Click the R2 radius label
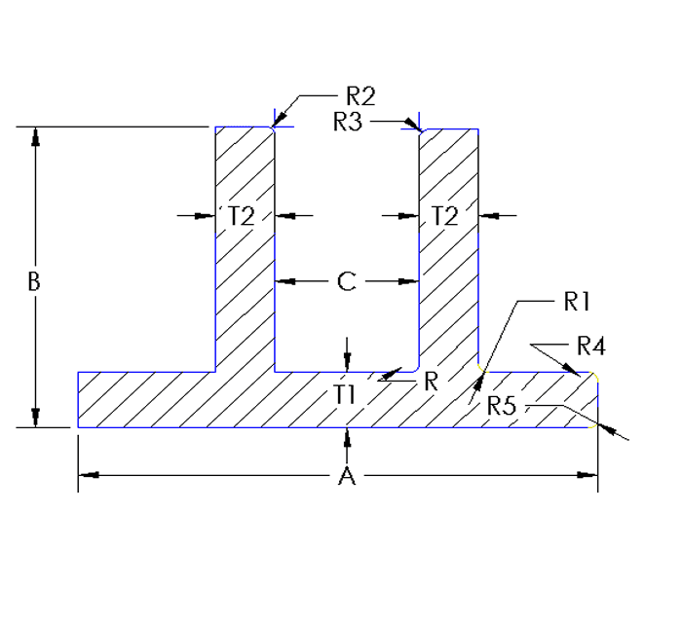tap(360, 95)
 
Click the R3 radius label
tap(348, 122)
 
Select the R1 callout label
tap(578, 302)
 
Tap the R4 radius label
tap(591, 345)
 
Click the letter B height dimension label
tap(34, 282)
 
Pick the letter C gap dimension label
tap(347, 282)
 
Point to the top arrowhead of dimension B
tap(36, 137)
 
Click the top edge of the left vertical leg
tap(244, 128)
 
